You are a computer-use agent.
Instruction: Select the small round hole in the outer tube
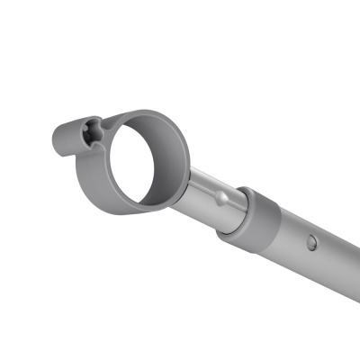pyautogui.click(x=310, y=242)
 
